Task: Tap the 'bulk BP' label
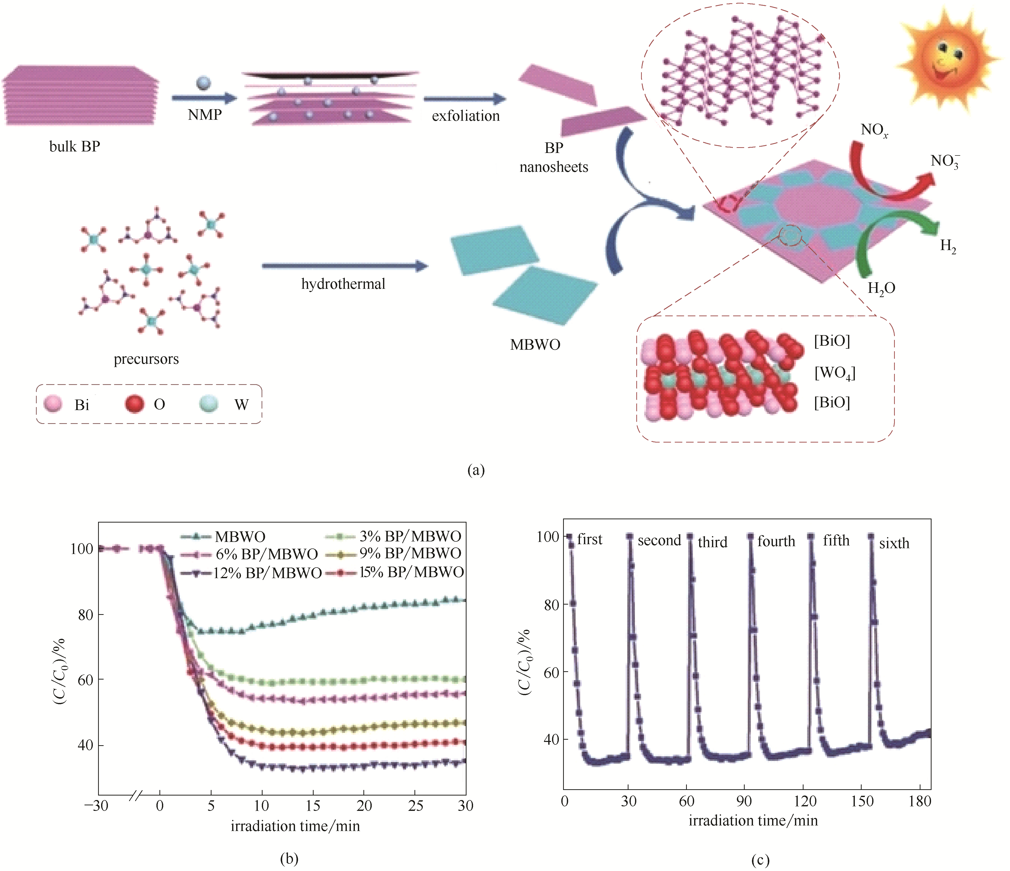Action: click(75, 146)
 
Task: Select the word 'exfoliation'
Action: click(466, 116)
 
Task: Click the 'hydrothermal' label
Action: click(343, 284)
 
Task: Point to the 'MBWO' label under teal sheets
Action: click(535, 345)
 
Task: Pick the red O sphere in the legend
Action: click(135, 404)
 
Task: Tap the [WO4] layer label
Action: click(834, 373)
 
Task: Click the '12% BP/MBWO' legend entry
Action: click(267, 573)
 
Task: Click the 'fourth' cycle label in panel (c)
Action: click(776, 541)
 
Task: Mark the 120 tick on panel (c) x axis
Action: click(804, 801)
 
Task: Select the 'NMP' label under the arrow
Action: click(205, 115)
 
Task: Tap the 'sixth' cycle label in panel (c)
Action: click(894, 543)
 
